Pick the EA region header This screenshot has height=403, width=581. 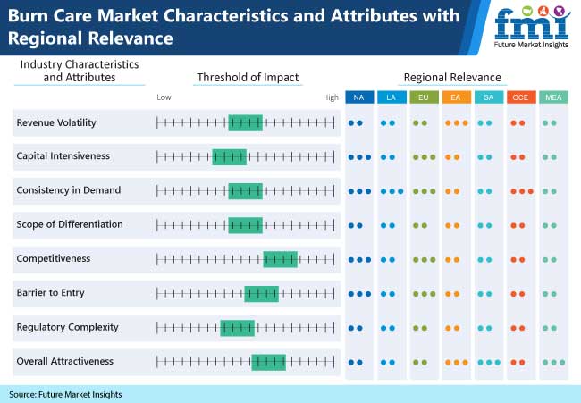pos(456,97)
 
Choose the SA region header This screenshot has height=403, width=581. pos(488,97)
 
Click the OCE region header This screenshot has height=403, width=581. pos(520,97)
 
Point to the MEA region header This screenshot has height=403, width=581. pos(553,97)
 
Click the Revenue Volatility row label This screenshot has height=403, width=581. pos(56,122)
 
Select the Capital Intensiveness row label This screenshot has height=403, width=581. pos(63,156)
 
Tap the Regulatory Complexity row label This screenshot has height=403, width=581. pos(67,327)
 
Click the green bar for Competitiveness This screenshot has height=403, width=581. pos(280,259)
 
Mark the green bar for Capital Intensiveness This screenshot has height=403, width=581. pos(229,156)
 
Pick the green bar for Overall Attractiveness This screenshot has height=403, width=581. pos(268,361)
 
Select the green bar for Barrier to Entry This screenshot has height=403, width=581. pos(261,293)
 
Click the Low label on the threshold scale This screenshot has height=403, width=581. pos(164,97)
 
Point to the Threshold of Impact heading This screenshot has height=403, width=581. pos(248,77)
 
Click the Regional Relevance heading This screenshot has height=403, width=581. pos(452,77)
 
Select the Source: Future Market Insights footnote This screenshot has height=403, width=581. pos(65,394)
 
